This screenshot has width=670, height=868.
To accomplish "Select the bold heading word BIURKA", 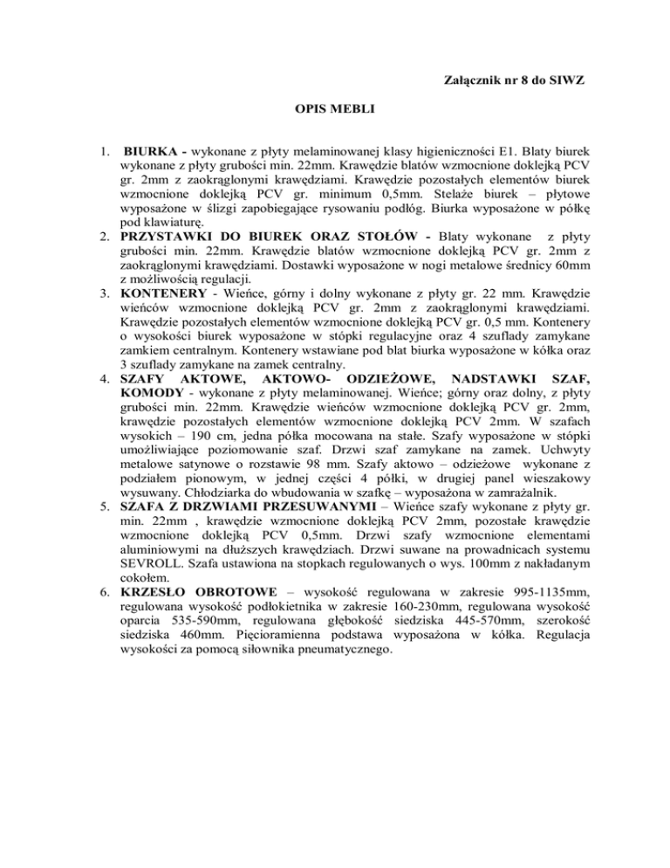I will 150,150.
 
